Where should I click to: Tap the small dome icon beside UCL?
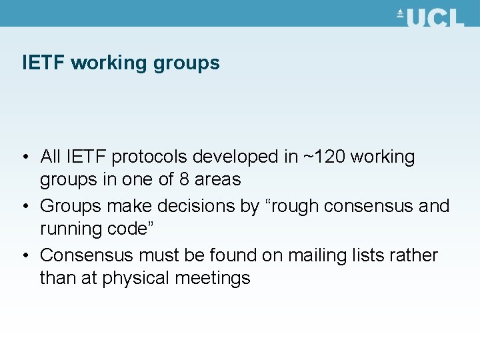click(x=401, y=13)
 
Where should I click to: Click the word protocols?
click(x=151, y=157)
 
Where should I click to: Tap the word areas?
click(x=218, y=180)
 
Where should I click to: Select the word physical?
click(x=138, y=279)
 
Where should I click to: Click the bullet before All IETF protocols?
click(x=25, y=158)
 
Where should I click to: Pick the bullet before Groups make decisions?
click(x=25, y=207)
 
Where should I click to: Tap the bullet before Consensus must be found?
click(x=25, y=257)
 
